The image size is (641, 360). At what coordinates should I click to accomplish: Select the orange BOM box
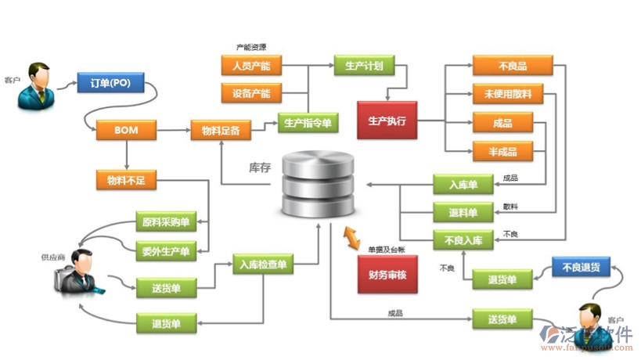tap(125, 130)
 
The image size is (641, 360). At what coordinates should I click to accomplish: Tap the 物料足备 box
tap(221, 130)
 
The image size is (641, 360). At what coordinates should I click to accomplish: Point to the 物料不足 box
tap(126, 181)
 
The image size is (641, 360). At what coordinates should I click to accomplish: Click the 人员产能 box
tap(251, 66)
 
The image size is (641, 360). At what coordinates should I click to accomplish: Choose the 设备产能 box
tap(251, 94)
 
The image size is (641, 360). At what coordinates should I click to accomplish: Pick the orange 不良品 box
tap(512, 66)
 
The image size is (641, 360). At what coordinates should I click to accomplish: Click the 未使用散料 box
tap(513, 94)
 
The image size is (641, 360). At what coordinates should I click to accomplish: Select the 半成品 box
tap(502, 151)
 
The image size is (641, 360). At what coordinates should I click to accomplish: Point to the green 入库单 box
tap(463, 185)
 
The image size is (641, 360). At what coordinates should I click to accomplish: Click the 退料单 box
tap(463, 211)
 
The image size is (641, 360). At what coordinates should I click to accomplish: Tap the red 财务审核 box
tap(387, 274)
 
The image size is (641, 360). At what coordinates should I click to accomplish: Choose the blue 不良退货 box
tap(581, 267)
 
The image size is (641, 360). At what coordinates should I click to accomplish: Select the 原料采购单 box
tap(166, 222)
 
